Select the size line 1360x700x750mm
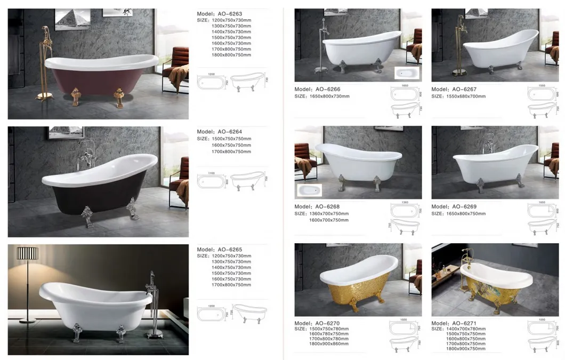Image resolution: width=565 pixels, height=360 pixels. point(329,213)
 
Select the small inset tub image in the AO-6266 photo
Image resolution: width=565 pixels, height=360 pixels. point(407,73)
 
